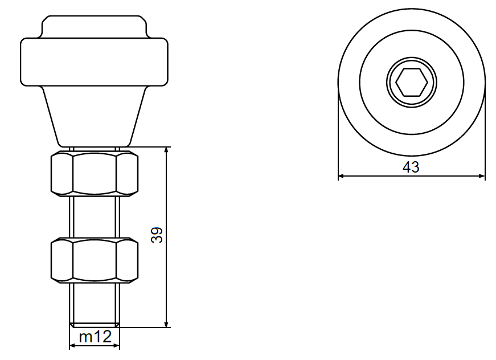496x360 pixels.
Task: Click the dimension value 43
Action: pyautogui.click(x=411, y=167)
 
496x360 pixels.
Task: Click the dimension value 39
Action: pyautogui.click(x=157, y=235)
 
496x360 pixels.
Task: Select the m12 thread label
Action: pyautogui.click(x=95, y=337)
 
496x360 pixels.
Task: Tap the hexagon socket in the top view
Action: pyautogui.click(x=412, y=83)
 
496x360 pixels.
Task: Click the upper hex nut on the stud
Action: pyautogui.click(x=95, y=174)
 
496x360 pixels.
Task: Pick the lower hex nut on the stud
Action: pyautogui.click(x=95, y=260)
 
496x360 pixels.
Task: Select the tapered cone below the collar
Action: pyautogui.click(x=94, y=114)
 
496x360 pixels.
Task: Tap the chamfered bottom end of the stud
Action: pyautogui.click(x=95, y=325)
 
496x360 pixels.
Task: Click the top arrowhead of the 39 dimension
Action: pyautogui.click(x=167, y=150)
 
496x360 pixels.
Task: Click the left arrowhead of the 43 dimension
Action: pyautogui.click(x=342, y=177)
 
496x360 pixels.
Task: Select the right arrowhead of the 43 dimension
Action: pyautogui.click(x=482, y=177)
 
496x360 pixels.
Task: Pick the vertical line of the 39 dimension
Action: pyautogui.click(x=167, y=273)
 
